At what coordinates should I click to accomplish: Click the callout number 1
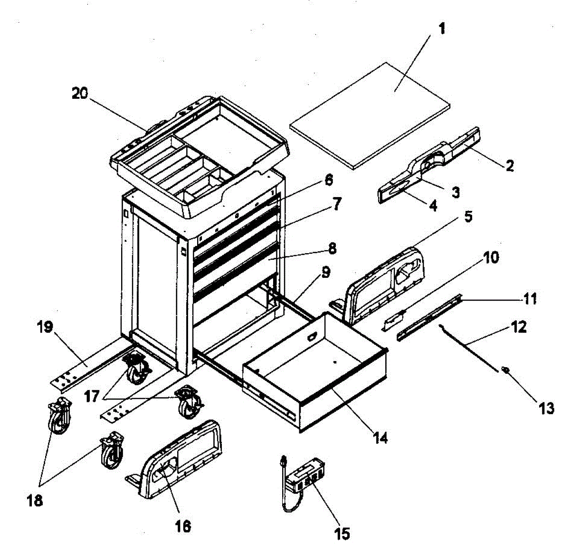point(442,29)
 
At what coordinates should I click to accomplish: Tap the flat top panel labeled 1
point(370,114)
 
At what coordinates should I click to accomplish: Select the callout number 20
point(80,94)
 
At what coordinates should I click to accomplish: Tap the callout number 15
point(342,533)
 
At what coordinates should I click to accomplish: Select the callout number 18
point(35,500)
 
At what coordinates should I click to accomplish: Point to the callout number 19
point(46,327)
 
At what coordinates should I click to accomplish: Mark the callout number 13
point(546,408)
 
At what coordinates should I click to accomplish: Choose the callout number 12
point(519,327)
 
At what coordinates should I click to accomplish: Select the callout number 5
point(468,217)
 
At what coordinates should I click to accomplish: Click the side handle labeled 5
point(385,285)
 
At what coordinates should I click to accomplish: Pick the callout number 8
point(332,248)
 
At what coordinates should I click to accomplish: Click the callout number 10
point(492,258)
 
